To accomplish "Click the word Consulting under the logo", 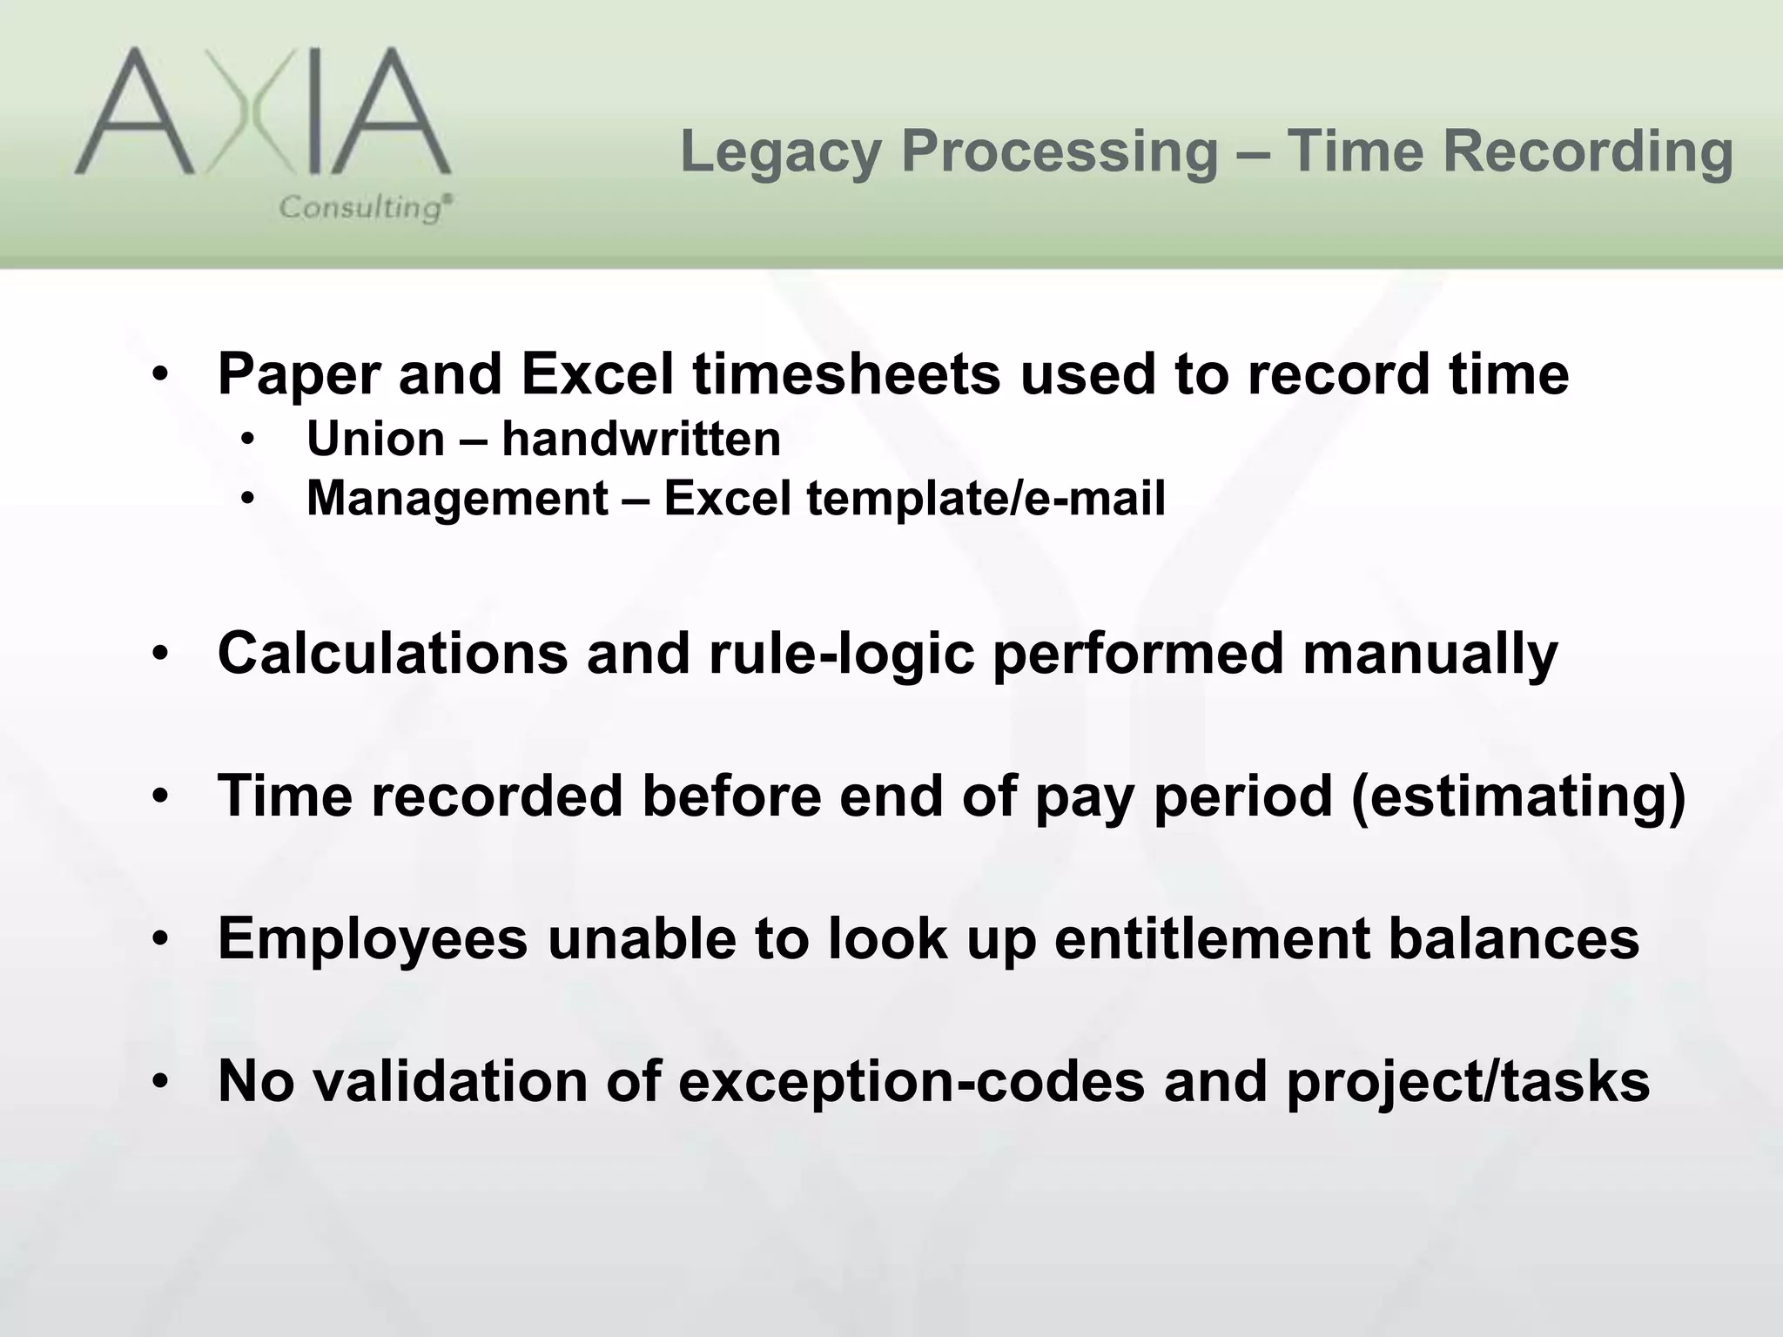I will point(364,208).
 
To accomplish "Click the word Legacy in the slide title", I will point(780,151).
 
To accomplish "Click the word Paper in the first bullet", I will point(298,374).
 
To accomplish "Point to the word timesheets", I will point(846,374).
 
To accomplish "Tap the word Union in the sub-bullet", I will point(375,439).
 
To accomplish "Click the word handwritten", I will point(642,439).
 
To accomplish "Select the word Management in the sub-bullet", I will point(457,499).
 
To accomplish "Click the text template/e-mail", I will point(986,499).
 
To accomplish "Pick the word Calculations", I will point(392,653).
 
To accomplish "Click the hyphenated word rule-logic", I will point(841,653).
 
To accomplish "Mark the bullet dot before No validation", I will point(159,1082).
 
